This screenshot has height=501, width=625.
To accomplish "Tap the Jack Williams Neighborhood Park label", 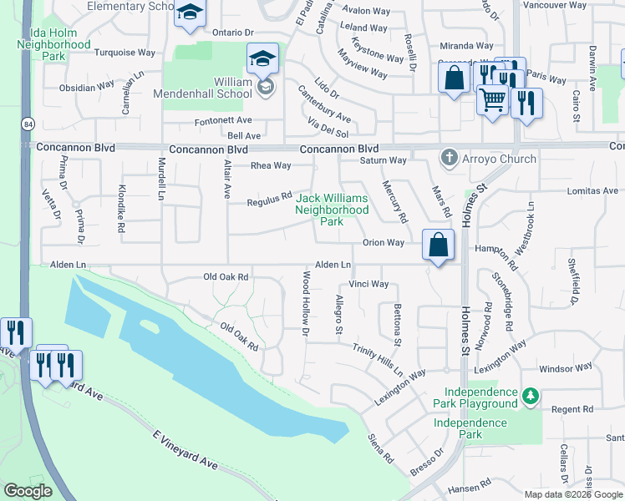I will click(332, 210).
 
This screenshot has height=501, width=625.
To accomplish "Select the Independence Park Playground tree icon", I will click(530, 395).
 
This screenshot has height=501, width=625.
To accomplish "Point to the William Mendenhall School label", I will click(203, 88).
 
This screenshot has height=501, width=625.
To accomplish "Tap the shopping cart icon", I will click(492, 99).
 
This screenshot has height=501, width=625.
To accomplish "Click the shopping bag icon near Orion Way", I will click(437, 245).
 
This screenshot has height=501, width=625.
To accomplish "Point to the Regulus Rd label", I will click(269, 199).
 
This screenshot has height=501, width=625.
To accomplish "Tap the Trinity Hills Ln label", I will click(378, 360).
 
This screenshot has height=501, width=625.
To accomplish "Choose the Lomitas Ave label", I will click(590, 191).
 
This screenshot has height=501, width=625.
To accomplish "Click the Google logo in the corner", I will click(28, 491).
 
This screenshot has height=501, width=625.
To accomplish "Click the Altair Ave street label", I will click(226, 180).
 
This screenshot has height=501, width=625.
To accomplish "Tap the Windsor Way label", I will click(566, 367).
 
